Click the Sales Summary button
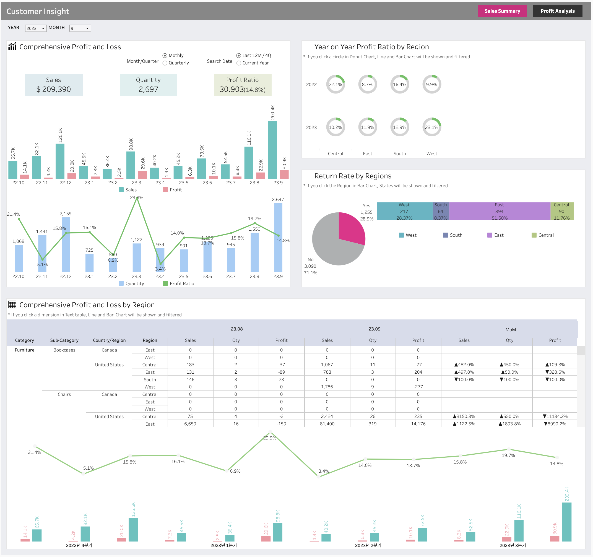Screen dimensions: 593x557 tap(502, 11)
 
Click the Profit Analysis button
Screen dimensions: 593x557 tap(557, 11)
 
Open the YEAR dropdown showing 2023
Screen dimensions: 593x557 tap(36, 28)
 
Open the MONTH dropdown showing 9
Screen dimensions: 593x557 tap(80, 28)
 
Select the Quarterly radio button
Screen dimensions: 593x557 tap(165, 63)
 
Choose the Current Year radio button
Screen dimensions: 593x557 tap(239, 63)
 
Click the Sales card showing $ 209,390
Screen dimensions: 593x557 tap(54, 85)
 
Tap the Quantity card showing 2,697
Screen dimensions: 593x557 tap(148, 85)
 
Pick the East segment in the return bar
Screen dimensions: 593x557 tap(499, 211)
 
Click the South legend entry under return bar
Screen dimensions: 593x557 tap(452, 235)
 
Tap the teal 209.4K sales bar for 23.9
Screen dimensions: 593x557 tap(272, 150)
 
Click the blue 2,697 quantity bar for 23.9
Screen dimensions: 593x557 tap(278, 238)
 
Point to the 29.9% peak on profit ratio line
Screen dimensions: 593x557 tap(137, 198)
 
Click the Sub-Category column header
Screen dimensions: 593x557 tap(64, 340)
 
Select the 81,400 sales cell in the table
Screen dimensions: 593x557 tap(327, 424)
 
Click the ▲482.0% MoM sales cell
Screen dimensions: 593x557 tap(464, 365)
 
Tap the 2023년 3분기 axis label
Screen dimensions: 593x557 tap(513, 545)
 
